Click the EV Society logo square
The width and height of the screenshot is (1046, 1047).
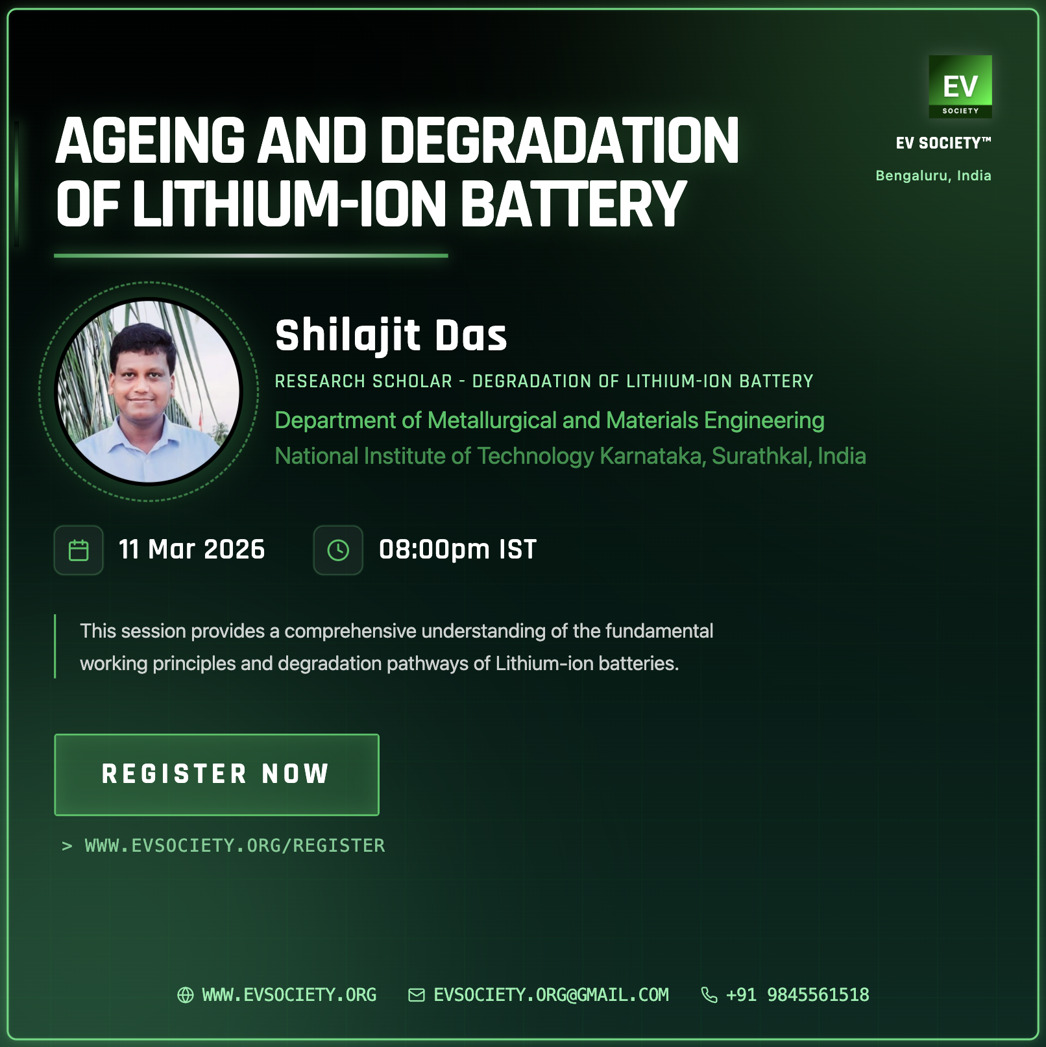click(960, 86)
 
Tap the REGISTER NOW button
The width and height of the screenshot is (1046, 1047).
click(217, 775)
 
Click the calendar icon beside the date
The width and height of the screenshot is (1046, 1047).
click(79, 550)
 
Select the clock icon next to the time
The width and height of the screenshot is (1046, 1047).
click(338, 550)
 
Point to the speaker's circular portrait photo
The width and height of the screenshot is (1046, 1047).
click(149, 392)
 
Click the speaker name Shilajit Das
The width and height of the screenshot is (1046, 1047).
click(391, 336)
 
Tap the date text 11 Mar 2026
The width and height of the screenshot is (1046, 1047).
click(192, 549)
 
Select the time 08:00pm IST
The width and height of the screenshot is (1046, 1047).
click(458, 549)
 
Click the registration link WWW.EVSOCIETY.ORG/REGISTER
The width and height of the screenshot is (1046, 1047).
click(235, 846)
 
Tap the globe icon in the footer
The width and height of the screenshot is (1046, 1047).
click(186, 995)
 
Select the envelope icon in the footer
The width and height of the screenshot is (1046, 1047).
click(417, 995)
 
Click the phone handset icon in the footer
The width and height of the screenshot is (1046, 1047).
click(709, 995)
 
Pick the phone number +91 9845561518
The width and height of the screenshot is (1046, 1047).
click(797, 995)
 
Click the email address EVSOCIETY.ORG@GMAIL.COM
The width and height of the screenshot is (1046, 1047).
click(551, 995)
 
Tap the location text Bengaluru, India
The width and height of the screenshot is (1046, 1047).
click(933, 176)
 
